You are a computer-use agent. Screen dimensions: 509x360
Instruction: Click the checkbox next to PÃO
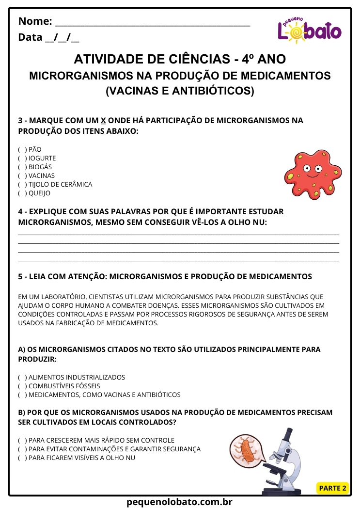tap(22, 150)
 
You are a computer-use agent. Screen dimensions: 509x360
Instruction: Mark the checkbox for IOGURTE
tap(22, 159)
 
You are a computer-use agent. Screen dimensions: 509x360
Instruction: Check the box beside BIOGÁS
tap(22, 167)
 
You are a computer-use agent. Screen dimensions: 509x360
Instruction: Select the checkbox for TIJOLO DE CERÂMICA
tap(22, 185)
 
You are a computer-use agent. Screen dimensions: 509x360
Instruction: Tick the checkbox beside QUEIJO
tap(22, 193)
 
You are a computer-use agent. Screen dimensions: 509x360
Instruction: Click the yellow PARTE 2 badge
tap(332, 488)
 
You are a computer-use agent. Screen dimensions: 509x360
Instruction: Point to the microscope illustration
tap(286, 461)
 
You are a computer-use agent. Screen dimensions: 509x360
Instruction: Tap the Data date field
tap(62, 37)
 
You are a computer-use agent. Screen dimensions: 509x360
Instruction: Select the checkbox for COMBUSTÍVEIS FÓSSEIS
tap(22, 386)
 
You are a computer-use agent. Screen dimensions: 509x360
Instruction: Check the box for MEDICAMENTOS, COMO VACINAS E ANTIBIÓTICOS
tap(22, 395)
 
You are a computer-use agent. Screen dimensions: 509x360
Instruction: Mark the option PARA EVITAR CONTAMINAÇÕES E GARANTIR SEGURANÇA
tap(22, 449)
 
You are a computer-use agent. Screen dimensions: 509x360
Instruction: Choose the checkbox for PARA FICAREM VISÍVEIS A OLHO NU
tap(22, 458)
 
